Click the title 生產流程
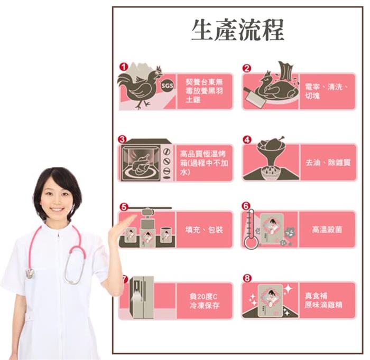point(238,30)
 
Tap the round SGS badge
point(168,86)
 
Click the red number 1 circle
point(123,67)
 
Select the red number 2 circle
point(247,68)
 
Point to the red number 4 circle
point(247,139)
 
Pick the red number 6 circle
point(246,206)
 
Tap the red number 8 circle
point(247,278)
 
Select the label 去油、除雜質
point(328,163)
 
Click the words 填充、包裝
point(204,229)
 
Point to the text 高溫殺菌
point(327,229)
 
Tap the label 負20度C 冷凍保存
point(205,301)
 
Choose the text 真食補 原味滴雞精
point(323,300)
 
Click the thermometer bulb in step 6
point(250,243)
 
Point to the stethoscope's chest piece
point(31,273)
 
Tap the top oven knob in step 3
point(167,151)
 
